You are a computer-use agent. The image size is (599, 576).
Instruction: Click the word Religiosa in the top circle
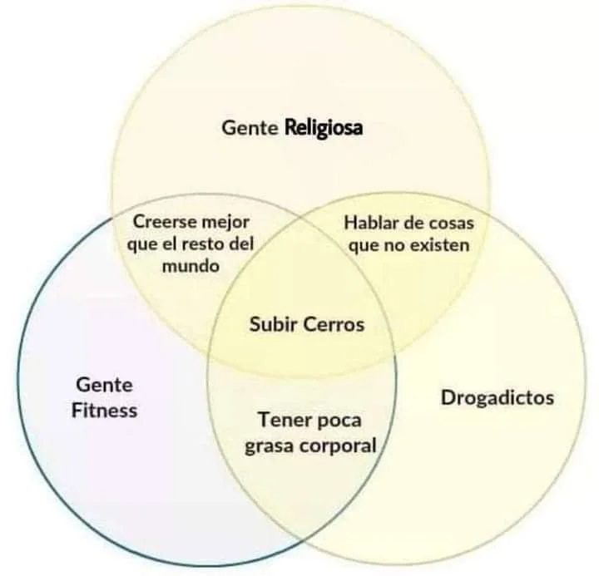[x=324, y=129]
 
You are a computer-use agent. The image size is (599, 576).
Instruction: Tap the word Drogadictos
[x=497, y=398]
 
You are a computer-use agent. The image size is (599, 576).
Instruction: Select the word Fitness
[x=104, y=411]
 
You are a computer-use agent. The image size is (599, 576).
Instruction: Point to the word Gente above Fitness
[x=104, y=386]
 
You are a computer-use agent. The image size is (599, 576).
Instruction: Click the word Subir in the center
[x=273, y=324]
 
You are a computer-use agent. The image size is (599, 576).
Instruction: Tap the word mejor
[x=225, y=223]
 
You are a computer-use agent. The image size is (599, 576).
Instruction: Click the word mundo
[x=191, y=267]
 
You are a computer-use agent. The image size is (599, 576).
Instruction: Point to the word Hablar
[x=371, y=223]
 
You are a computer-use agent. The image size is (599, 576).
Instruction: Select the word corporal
[x=339, y=446]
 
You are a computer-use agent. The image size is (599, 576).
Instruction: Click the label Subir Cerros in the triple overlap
[x=307, y=324]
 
